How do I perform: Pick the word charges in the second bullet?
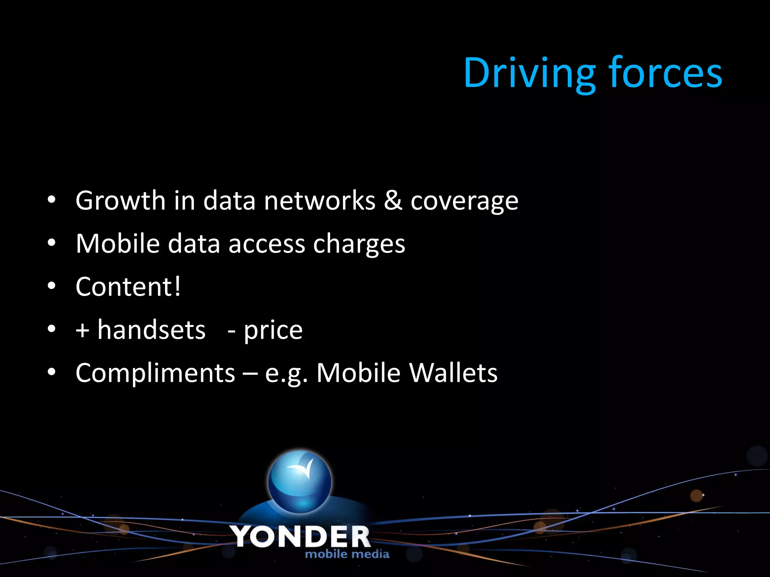[359, 245]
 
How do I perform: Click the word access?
[267, 245]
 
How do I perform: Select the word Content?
[128, 287]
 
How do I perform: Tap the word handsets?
[152, 330]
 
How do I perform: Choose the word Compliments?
[155, 373]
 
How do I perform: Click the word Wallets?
[453, 373]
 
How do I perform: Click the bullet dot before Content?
[52, 286]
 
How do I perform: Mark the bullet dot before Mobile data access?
[52, 243]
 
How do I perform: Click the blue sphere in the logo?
[300, 482]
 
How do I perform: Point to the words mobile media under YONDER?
[347, 554]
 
